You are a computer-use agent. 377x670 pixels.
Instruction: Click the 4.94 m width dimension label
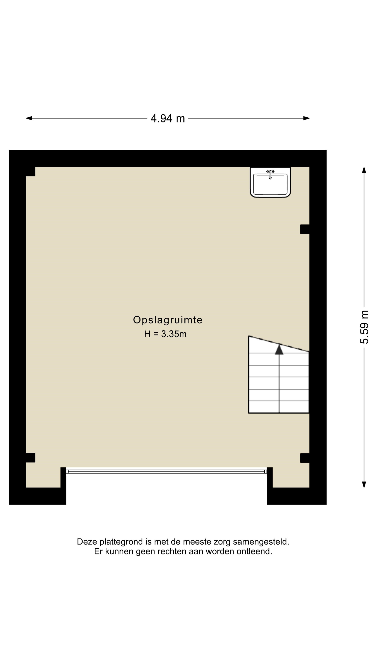tap(168, 118)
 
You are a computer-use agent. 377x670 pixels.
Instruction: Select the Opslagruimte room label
tap(168, 320)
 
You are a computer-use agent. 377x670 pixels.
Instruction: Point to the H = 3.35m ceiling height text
tap(165, 334)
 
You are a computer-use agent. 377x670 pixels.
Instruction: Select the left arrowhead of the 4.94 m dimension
tap(29, 118)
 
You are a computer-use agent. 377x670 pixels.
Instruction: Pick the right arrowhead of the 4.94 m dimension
tap(306, 118)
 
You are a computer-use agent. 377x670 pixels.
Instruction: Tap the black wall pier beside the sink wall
tap(305, 229)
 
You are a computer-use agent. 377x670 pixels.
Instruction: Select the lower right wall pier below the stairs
tap(305, 458)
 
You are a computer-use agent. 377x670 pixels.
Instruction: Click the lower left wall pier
tap(30, 458)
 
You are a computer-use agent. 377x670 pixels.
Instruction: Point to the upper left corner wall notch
tap(30, 172)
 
